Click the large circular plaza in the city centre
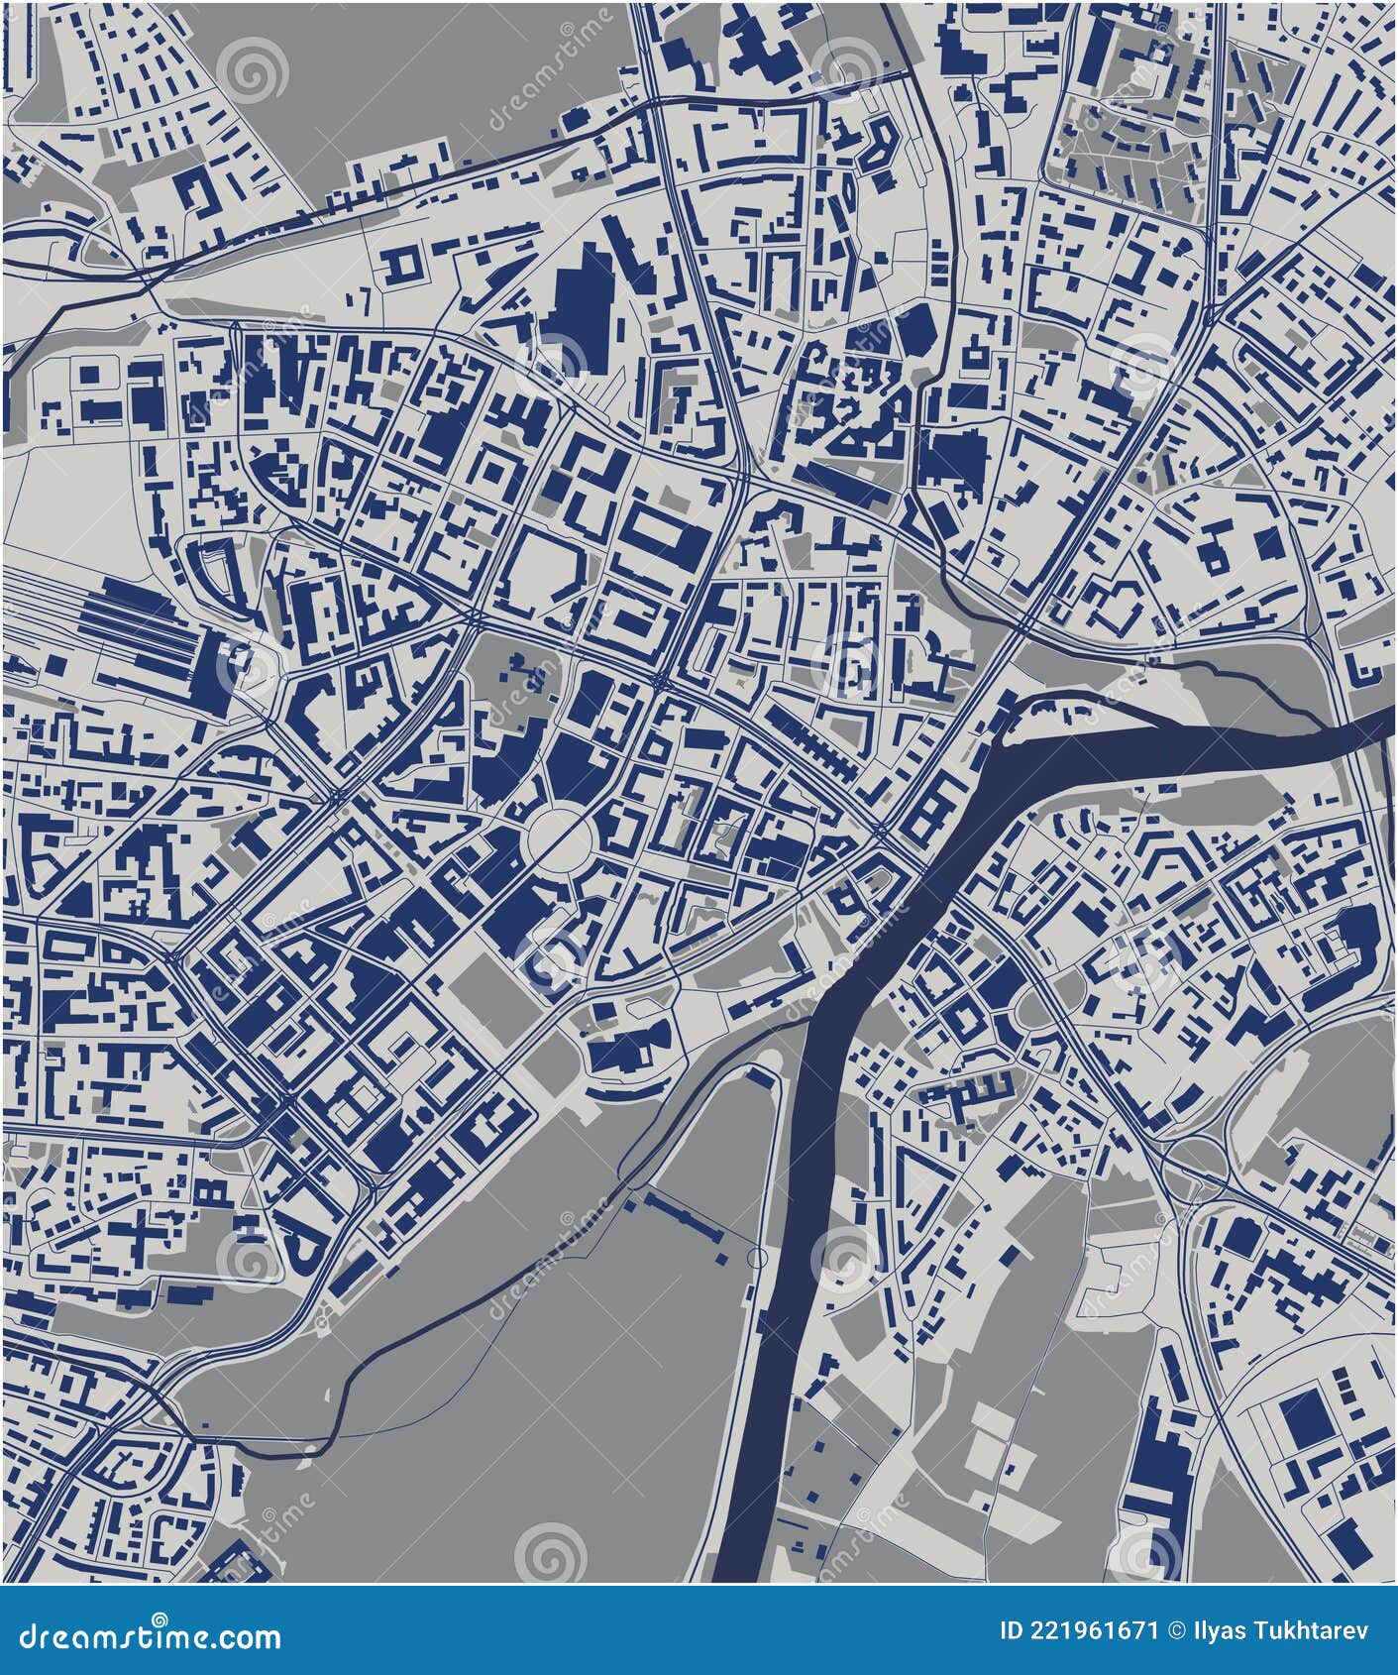[558, 837]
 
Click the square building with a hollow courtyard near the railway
[403, 264]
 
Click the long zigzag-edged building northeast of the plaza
[812, 737]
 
